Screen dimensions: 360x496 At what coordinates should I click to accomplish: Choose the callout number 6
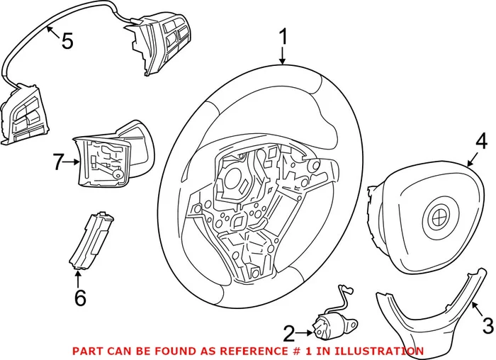coord(79,298)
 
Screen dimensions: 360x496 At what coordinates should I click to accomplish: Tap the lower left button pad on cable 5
coord(29,113)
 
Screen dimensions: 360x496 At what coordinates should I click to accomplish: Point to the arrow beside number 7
coord(74,162)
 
